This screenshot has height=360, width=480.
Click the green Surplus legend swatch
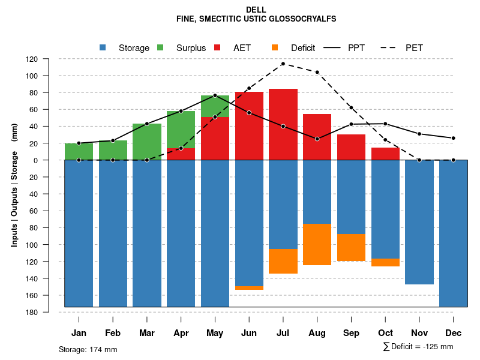[160, 47]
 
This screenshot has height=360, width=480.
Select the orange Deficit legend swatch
[275, 47]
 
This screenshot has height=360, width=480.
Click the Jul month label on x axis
[283, 333]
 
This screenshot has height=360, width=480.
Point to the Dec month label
[454, 333]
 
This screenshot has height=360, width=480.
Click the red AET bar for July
[283, 124]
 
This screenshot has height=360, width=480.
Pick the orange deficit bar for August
[317, 244]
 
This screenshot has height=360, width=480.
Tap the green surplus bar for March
[147, 142]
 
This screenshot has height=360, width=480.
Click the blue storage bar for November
[419, 222]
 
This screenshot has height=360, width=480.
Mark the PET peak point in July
[283, 64]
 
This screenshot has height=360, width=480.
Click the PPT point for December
[454, 138]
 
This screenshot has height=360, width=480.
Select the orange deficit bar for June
[249, 288]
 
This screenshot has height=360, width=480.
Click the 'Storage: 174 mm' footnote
[88, 350]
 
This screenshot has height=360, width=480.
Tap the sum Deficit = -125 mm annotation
[418, 347]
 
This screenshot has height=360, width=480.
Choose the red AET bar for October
[385, 154]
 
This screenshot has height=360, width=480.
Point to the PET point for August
[317, 72]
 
